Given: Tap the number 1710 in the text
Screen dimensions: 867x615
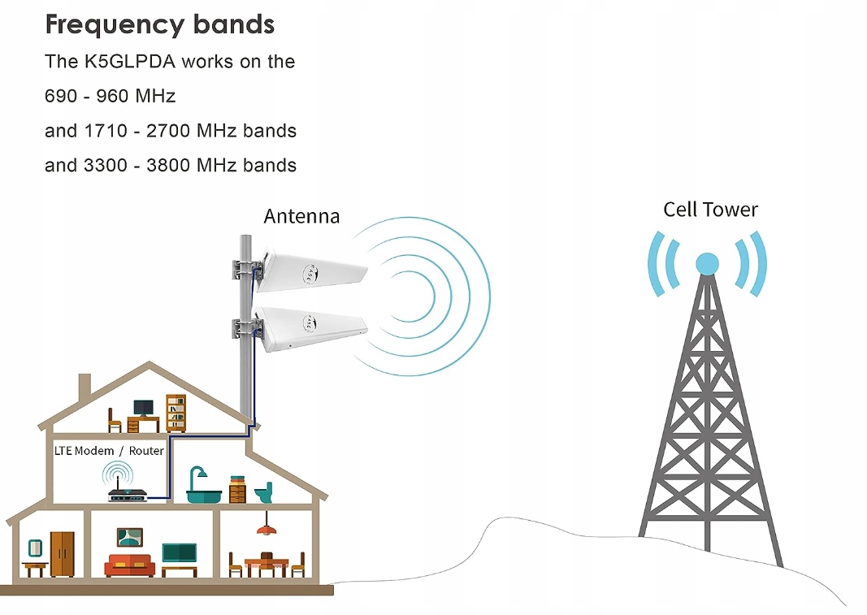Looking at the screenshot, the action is (104, 131).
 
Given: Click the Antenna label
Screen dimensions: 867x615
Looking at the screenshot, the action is (301, 216).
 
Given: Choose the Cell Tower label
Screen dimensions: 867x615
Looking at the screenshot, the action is (710, 210).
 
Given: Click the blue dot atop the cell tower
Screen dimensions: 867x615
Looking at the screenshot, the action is (707, 263).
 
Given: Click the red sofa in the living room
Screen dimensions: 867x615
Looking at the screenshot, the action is (130, 565).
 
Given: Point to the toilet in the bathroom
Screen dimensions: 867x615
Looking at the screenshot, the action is (263, 492).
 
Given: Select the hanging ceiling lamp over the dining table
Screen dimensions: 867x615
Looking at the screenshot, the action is (264, 529).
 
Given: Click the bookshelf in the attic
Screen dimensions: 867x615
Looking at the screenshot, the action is (176, 413).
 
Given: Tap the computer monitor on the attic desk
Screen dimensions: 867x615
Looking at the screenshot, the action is (143, 407).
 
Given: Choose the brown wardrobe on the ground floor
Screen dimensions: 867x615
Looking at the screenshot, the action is (62, 553).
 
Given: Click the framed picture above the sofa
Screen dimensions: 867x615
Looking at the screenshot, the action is (129, 536).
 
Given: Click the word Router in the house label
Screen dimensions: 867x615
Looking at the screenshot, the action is (147, 451).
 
